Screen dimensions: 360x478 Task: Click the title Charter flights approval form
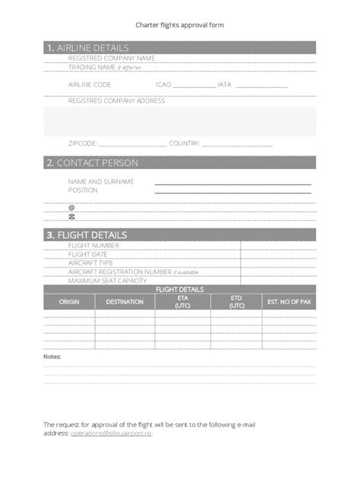pos(179,25)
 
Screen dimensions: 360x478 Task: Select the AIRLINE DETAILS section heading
pos(90,47)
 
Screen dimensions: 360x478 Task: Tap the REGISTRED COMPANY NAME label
pos(112,58)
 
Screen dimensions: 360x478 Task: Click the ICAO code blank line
pos(195,86)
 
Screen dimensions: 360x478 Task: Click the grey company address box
pos(179,121)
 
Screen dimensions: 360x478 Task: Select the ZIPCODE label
pos(83,143)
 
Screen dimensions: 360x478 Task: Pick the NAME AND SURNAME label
pos(101,181)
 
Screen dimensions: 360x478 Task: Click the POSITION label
pos(83,190)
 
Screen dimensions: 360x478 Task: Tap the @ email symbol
pos(72,207)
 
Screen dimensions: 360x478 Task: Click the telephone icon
pos(72,216)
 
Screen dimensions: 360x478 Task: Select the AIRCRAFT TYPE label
pos(90,263)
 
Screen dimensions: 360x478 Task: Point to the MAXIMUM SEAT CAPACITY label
pos(107,280)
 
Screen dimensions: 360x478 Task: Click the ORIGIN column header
pos(69,302)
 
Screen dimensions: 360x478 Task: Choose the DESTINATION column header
pos(125,302)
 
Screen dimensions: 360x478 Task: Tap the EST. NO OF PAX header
pos(289,302)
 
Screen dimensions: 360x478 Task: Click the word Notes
pos(52,355)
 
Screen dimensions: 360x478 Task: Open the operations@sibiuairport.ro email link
pos(112,432)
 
